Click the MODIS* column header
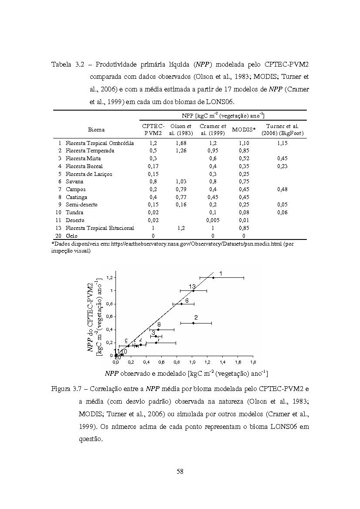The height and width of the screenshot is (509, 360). [x=244, y=129]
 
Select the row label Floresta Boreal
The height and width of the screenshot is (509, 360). [x=84, y=166]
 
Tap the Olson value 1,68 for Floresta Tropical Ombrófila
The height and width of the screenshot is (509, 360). [x=181, y=143]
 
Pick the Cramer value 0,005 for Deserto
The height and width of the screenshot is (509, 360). [x=213, y=220]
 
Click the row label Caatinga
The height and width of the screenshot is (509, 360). [x=76, y=197]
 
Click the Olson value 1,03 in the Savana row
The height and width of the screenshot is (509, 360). [x=181, y=182]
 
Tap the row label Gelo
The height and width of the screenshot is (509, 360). [x=71, y=236]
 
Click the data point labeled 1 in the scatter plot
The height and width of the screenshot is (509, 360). [x=213, y=277]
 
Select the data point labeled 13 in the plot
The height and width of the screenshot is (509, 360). [x=193, y=290]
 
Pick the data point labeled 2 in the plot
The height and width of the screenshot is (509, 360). [x=193, y=323]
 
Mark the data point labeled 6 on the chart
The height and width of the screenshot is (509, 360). [x=182, y=303]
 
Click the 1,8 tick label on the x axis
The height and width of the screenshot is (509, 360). [x=253, y=362]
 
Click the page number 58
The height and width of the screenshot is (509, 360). [x=180, y=471]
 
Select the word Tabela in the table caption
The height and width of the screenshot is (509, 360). [x=61, y=65]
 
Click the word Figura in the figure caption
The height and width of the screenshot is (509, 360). [x=61, y=388]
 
